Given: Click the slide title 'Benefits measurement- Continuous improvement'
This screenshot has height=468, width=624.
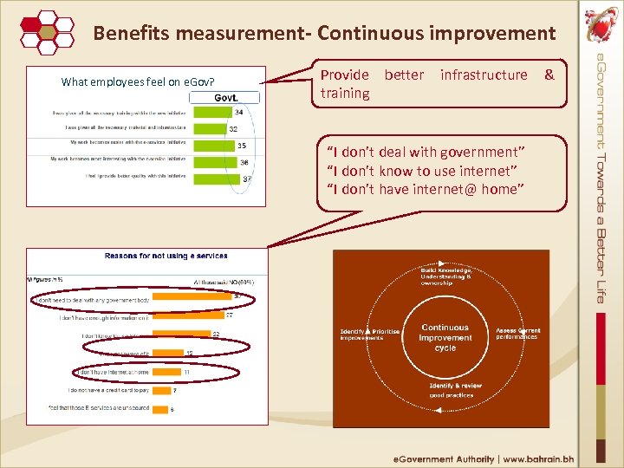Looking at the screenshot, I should (324, 33).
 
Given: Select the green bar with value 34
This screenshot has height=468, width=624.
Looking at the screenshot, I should (211, 112).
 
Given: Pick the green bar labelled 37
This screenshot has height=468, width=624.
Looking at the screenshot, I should (215, 178).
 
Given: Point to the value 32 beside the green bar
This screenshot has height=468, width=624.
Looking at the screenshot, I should (233, 129).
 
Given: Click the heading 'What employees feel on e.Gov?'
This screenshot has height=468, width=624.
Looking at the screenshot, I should (133, 82).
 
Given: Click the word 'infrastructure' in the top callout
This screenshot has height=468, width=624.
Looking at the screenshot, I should (484, 75).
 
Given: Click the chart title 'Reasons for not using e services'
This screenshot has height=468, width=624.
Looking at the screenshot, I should (166, 256).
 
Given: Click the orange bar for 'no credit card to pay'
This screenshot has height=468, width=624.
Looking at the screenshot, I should (161, 390).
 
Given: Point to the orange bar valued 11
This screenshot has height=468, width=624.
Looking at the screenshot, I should (166, 372).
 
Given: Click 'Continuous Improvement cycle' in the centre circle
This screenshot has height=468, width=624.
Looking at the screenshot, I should (445, 337).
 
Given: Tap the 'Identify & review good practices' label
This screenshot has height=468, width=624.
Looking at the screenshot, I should (454, 390).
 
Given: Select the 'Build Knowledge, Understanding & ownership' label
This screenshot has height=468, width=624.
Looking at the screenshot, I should (447, 276).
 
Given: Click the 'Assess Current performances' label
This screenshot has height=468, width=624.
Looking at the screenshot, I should (517, 333).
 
